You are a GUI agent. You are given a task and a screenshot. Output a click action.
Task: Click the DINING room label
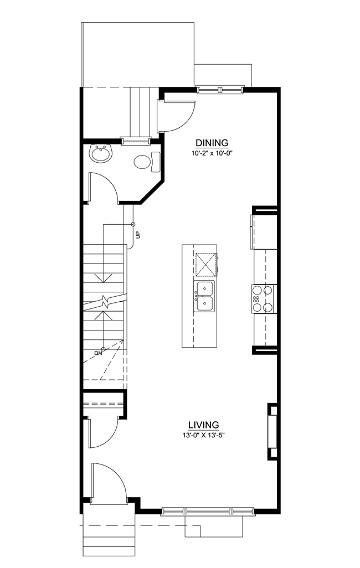[212, 142]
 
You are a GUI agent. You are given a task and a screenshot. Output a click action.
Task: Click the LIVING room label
[203, 425]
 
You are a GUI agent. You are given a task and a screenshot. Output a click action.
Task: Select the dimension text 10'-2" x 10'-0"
[212, 153]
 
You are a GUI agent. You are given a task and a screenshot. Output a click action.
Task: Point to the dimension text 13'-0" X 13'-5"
[204, 435]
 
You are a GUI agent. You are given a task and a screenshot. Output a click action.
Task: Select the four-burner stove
[263, 298]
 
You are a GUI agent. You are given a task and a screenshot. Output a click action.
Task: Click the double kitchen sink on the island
[205, 296]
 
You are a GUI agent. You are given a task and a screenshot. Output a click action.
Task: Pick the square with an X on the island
[205, 265]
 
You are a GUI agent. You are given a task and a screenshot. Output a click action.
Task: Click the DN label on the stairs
[97, 353]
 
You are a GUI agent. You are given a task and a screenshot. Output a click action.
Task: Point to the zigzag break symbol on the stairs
[105, 302]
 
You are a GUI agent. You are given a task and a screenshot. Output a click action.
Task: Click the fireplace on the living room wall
[272, 432]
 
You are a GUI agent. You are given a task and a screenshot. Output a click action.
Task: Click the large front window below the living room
[208, 511]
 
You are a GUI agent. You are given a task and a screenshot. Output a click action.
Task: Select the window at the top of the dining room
[220, 89]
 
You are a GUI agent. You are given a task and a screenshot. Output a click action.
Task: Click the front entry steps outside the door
[107, 536]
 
